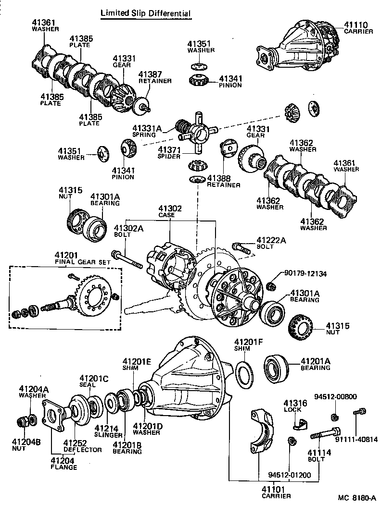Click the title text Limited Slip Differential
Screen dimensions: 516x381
tap(145, 13)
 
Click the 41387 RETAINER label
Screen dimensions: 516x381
tap(154, 77)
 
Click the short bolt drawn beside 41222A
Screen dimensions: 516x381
tap(241, 248)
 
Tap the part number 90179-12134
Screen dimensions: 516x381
tap(305, 273)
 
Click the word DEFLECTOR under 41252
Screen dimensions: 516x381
tap(83, 450)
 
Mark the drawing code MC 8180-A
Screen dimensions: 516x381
tap(356, 498)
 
